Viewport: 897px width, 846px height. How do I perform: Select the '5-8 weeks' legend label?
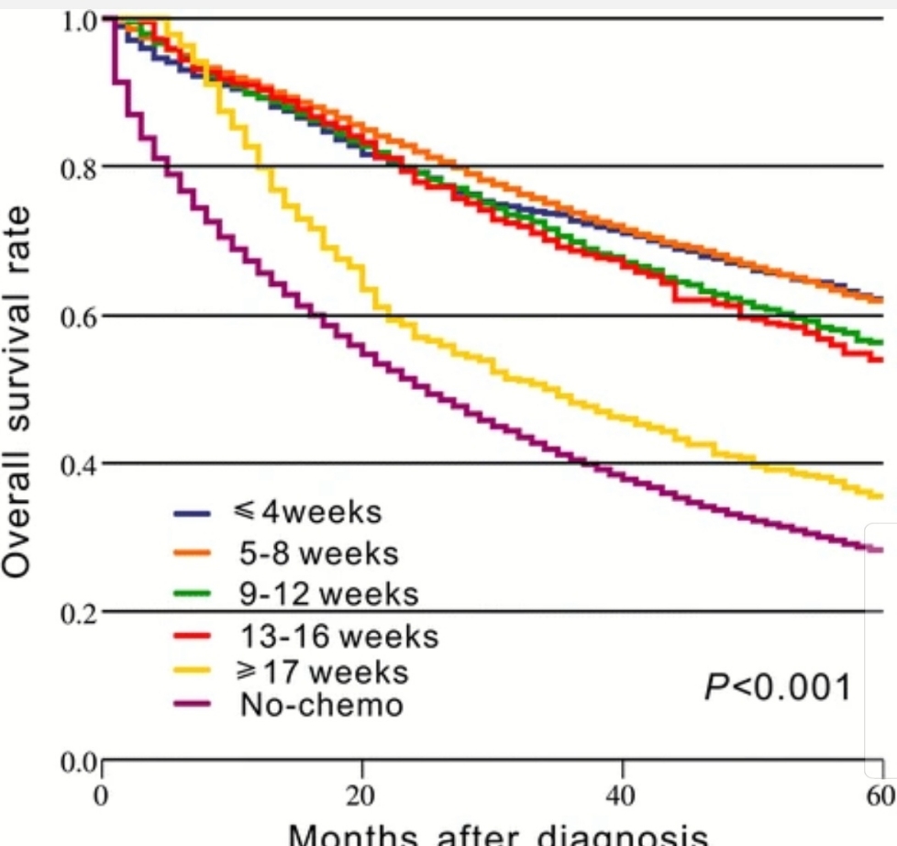pyautogui.click(x=313, y=553)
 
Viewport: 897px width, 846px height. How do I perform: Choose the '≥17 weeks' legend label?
pyautogui.click(x=322, y=673)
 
